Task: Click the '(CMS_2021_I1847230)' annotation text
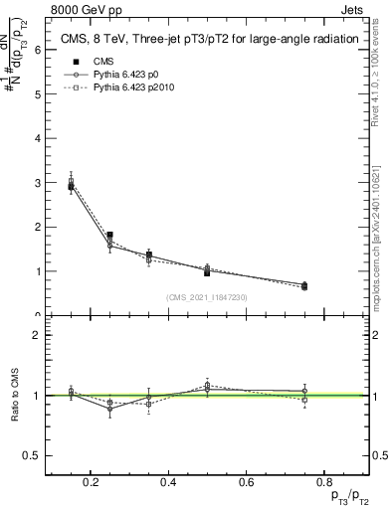[x=207, y=297]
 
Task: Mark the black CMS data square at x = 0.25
[x=110, y=236]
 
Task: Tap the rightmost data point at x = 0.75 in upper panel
[x=304, y=286]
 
